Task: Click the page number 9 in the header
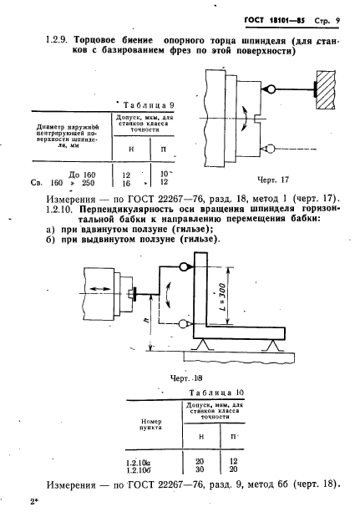coord(337,21)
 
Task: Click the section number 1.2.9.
coord(57,40)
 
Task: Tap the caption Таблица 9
coord(149,105)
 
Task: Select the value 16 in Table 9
coord(126,183)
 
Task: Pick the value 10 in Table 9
coord(164,174)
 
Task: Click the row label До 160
coord(82,175)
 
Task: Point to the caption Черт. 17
coord(273,180)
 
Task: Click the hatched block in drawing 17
coord(326,89)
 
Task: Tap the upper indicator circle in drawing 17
coord(271,89)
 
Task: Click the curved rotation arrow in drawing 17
coord(245,119)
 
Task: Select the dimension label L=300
coord(222,297)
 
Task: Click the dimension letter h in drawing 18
coord(147,320)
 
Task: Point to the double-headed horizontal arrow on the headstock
coord(100,289)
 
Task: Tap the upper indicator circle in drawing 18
coord(184,266)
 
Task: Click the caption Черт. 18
coord(186,378)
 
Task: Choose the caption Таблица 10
coord(216,393)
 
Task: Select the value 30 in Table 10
coord(200,469)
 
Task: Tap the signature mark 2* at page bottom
coord(34,502)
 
